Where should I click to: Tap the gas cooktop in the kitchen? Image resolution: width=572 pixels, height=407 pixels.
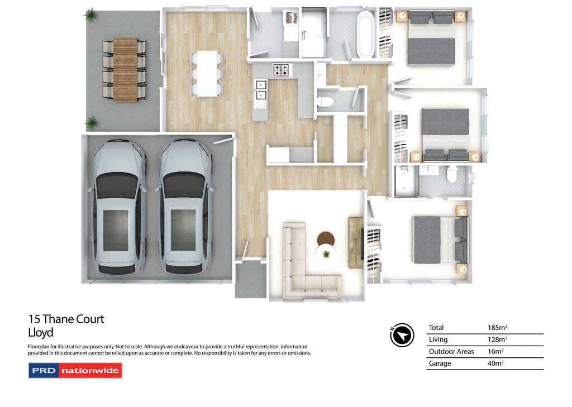281,70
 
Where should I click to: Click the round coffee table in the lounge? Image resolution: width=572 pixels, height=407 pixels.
326,239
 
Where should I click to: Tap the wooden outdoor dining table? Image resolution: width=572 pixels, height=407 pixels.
125,68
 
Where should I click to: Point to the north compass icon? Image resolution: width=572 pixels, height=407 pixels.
402,335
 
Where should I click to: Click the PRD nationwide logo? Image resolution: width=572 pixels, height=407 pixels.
75,371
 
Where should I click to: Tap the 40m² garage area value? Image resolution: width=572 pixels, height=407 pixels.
495,363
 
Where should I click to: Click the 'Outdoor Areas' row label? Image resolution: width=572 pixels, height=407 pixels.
451,352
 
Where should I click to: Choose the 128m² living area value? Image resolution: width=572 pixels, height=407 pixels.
497,339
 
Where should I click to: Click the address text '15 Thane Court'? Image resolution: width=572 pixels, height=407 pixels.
66,319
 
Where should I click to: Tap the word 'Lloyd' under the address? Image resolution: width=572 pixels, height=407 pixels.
41,333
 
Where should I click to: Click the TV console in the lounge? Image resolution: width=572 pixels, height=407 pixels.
356,242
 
